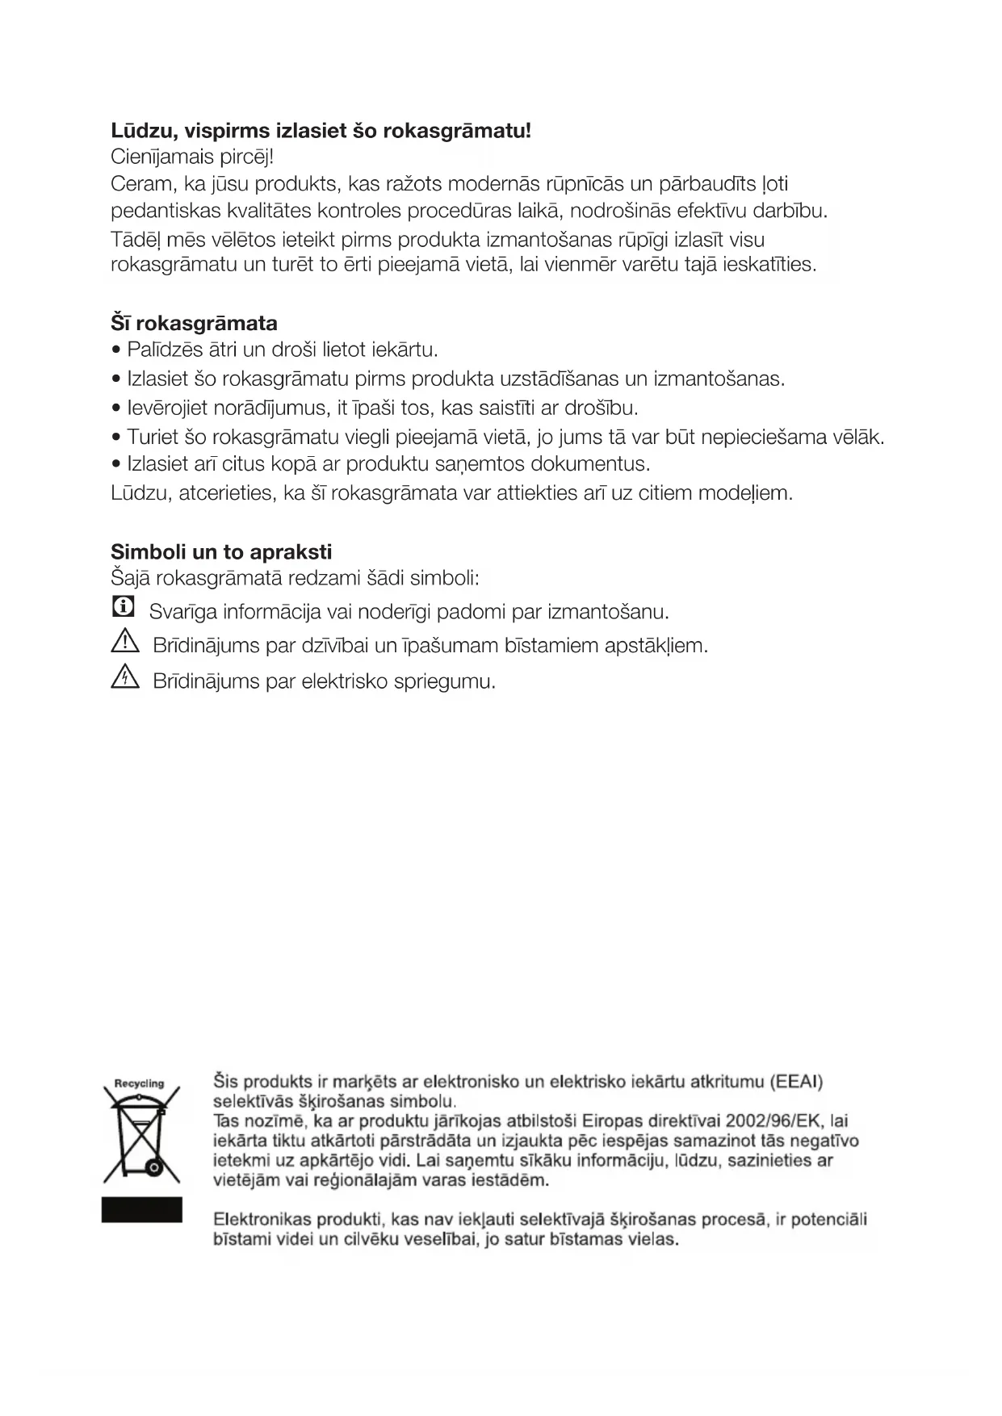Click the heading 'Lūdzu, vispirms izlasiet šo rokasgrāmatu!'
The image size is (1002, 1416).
321,130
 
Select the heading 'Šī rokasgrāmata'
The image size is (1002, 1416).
194,323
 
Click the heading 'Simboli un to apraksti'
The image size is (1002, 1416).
221,552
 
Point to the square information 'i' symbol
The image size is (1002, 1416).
123,607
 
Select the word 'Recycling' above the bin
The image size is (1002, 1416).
140,1083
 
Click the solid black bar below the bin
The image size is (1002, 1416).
142,1209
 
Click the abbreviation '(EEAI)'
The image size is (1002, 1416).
795,1081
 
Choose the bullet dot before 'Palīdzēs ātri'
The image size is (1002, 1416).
117,350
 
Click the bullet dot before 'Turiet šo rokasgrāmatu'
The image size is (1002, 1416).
117,438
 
